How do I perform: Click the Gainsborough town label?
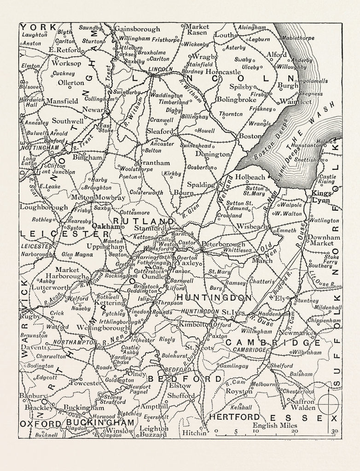point(137,29)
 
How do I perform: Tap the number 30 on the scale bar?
point(334,431)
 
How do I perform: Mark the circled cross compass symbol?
point(328,405)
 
